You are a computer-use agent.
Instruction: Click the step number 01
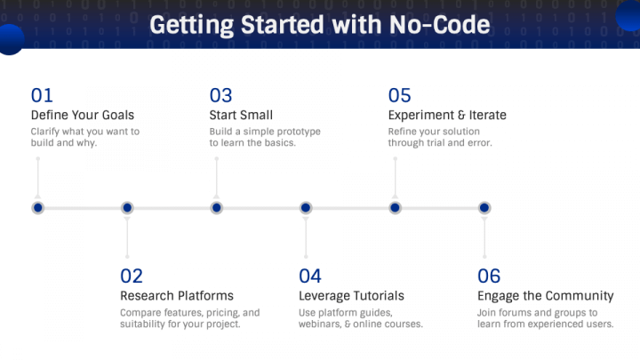(x=42, y=95)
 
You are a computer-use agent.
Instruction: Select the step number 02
(x=132, y=276)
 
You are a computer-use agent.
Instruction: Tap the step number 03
(x=220, y=95)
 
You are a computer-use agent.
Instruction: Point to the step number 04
(x=310, y=276)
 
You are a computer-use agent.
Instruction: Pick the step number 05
(x=400, y=95)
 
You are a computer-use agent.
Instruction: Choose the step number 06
(x=489, y=276)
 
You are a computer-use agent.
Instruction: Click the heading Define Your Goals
(x=82, y=115)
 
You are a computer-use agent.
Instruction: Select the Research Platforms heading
(x=177, y=295)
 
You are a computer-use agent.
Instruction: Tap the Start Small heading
(x=241, y=115)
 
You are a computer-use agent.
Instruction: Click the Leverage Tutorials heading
(x=351, y=295)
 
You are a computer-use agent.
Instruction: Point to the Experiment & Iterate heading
(x=447, y=115)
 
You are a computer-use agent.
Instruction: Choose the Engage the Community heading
(x=545, y=295)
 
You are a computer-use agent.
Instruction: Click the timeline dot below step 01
(x=37, y=207)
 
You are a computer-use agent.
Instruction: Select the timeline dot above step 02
(x=127, y=207)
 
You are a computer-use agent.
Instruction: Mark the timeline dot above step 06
(x=484, y=207)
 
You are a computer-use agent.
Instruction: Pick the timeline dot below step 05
(x=395, y=207)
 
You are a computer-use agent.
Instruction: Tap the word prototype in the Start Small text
(x=295, y=132)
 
